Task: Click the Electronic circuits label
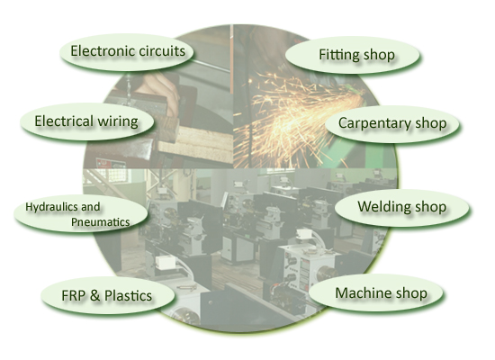point(128,51)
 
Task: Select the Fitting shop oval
point(353,56)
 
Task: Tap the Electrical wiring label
point(86,121)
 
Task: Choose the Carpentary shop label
point(392,123)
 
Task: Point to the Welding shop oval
point(402,208)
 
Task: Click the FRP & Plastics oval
point(108,295)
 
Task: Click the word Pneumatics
point(101,222)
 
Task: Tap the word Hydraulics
point(51,207)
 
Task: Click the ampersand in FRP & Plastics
point(94,296)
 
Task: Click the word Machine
point(361,293)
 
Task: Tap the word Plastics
point(128,296)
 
